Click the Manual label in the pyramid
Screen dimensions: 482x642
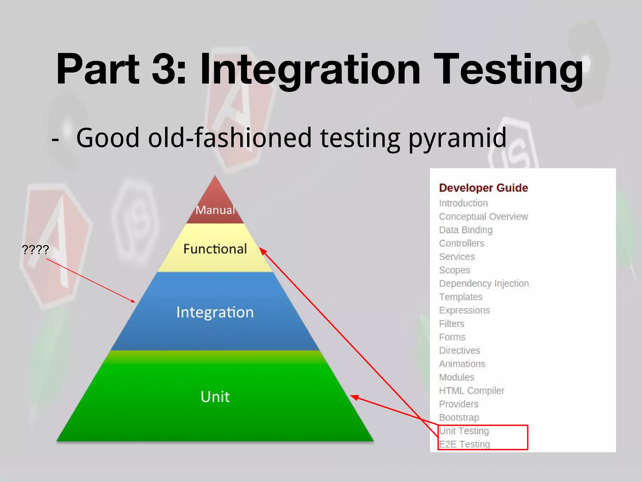[x=215, y=210]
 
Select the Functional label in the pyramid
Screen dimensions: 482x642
[x=215, y=249]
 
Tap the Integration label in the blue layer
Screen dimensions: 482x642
[x=215, y=312]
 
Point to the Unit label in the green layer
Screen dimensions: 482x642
[x=215, y=397]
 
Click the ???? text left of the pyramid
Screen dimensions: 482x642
[x=35, y=250]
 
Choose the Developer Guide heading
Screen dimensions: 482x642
[x=483, y=188]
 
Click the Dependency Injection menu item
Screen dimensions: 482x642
[x=484, y=283]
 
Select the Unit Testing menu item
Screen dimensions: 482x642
[x=464, y=431]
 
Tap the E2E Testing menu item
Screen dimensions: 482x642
[x=464, y=444]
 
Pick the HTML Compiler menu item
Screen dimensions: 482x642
[x=471, y=391]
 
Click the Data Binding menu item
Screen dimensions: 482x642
[x=466, y=230]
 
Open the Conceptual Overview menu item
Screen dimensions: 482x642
[x=483, y=217]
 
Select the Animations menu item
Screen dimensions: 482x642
[x=462, y=364]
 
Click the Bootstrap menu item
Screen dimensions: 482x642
[x=459, y=418]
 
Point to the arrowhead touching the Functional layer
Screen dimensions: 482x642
[x=262, y=251]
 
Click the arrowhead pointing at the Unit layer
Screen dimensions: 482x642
[x=354, y=397]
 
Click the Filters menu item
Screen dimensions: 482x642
[x=451, y=324]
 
